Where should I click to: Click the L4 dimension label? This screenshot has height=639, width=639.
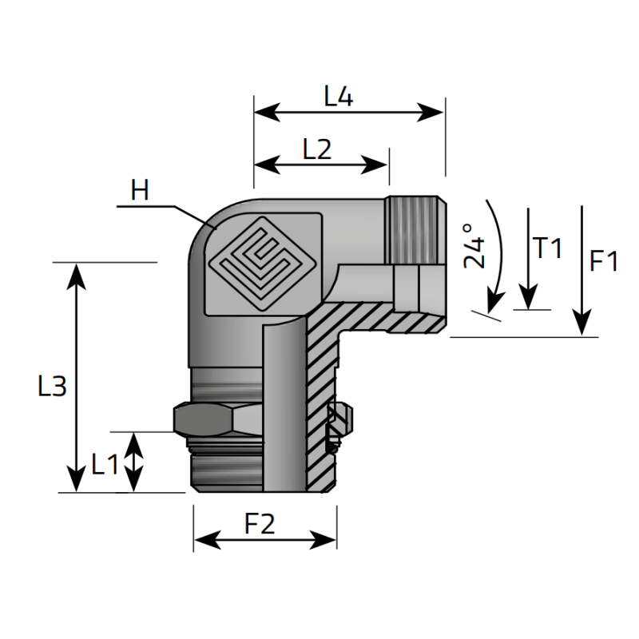pos(339,97)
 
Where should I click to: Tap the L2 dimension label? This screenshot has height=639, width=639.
pos(317,149)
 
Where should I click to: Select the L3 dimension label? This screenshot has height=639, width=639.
pos(52,387)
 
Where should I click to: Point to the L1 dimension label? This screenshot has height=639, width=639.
pos(105,464)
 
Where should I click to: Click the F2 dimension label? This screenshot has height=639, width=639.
pos(260,524)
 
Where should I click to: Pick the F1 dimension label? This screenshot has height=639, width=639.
pos(604,260)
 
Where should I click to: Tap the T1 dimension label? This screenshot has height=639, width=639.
pos(548,248)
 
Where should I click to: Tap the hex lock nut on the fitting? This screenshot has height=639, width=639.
pos(213,419)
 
